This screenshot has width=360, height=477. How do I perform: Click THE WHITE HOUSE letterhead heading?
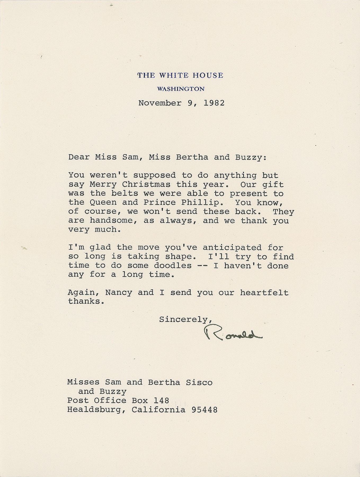point(180,76)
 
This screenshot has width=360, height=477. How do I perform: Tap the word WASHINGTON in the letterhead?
point(181,89)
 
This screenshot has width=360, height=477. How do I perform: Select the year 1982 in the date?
point(214,103)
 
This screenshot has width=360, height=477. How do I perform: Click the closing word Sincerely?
point(185,320)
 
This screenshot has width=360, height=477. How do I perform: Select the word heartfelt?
point(264,293)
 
